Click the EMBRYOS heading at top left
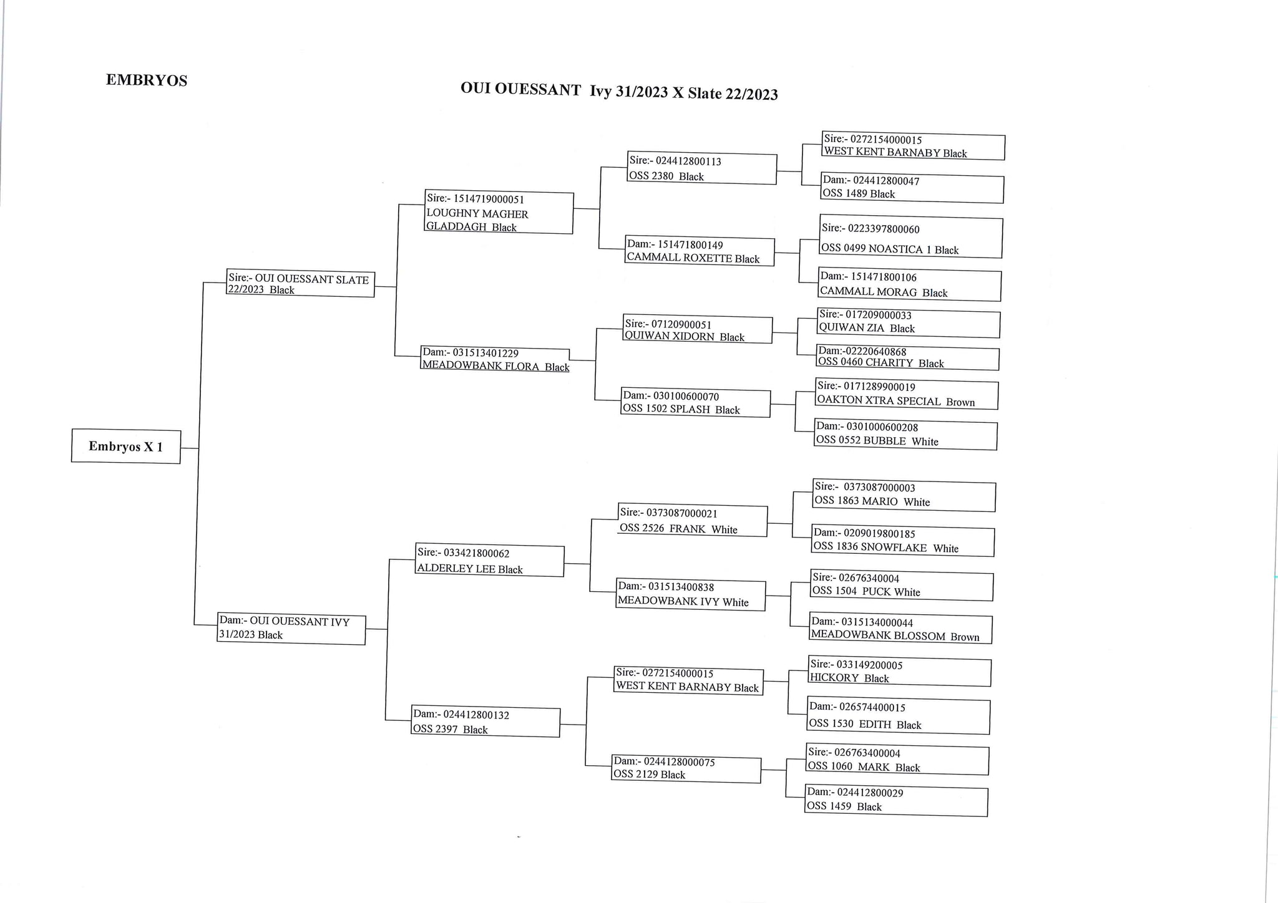tap(147, 80)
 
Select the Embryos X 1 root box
tap(126, 446)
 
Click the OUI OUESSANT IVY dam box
tap(291, 629)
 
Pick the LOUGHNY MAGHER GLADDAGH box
tap(499, 212)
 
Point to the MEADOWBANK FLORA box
tap(495, 359)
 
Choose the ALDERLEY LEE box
tap(490, 561)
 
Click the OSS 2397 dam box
tap(485, 722)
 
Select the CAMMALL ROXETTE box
tap(700, 251)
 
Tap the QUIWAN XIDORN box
tap(698, 330)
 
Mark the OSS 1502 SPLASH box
tap(696, 402)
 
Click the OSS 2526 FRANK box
tap(693, 520)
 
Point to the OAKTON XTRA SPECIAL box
tap(907, 394)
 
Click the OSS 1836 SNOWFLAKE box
tap(903, 541)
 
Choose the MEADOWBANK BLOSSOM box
tap(900, 629)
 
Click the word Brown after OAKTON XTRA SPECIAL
tap(960, 402)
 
